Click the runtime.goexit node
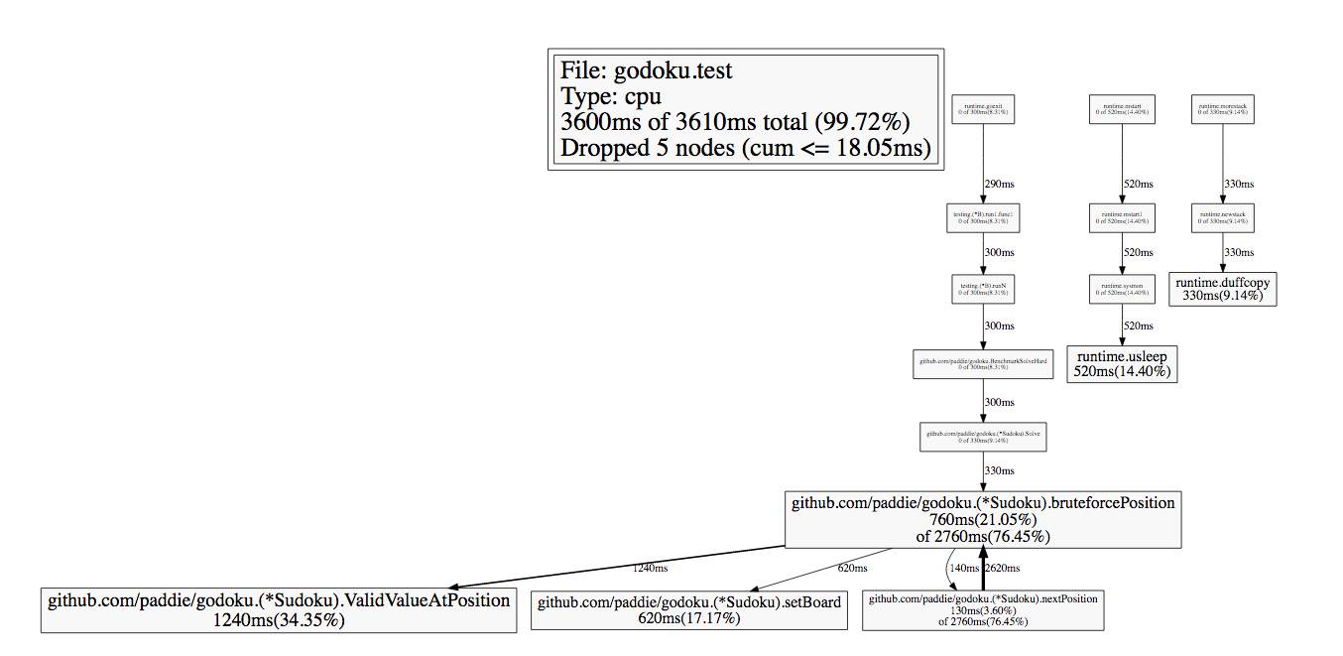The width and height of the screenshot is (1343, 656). click(x=983, y=108)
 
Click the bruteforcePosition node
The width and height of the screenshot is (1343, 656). click(x=983, y=519)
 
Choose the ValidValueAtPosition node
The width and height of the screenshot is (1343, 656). click(x=279, y=609)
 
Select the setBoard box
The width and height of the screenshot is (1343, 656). click(x=689, y=609)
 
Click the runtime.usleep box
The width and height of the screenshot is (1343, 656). click(x=1122, y=363)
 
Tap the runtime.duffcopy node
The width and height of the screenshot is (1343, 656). click(x=1222, y=289)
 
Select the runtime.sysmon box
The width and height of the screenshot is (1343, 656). click(x=1122, y=289)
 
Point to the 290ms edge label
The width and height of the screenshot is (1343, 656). click(x=999, y=185)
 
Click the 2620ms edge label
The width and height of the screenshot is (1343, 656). click(x=1004, y=569)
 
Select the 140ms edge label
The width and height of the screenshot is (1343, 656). click(x=963, y=569)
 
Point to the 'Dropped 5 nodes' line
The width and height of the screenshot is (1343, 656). click(x=745, y=148)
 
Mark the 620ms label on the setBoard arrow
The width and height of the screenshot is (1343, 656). click(x=852, y=569)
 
